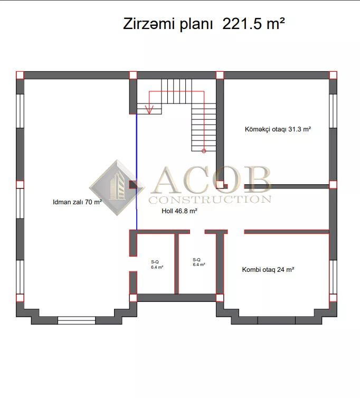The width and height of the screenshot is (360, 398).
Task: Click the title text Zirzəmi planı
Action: coord(167,24)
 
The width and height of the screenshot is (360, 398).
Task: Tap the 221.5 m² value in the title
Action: coord(253,24)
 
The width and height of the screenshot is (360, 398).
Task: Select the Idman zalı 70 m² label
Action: coord(77,202)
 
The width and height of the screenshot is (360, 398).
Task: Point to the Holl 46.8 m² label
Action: coord(179,211)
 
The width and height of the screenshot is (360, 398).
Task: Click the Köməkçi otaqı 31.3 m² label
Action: coord(278,129)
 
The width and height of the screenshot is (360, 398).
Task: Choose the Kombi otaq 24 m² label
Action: coord(268,270)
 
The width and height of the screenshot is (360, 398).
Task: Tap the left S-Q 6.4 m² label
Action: coord(157,264)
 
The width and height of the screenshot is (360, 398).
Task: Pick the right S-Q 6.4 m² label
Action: coord(199,262)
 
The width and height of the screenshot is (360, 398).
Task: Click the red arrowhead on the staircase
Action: coord(149,110)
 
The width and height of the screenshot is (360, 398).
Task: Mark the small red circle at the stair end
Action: coord(204,151)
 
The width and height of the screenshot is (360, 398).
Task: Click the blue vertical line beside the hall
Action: coord(137,172)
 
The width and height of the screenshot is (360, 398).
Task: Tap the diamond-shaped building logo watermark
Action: coord(117,188)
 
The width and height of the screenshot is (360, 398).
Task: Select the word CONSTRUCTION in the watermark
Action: coord(210,200)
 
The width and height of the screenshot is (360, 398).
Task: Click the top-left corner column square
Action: coord(20,75)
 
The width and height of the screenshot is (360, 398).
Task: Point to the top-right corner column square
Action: coord(333,75)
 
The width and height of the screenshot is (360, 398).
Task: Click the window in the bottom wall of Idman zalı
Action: coord(77,320)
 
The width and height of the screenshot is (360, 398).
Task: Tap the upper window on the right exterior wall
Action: coord(333,111)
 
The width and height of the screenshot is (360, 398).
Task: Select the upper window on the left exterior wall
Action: coord(20,111)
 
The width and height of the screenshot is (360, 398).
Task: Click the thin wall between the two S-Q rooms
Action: coord(177,264)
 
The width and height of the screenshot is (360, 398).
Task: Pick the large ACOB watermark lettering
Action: coord(212,179)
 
